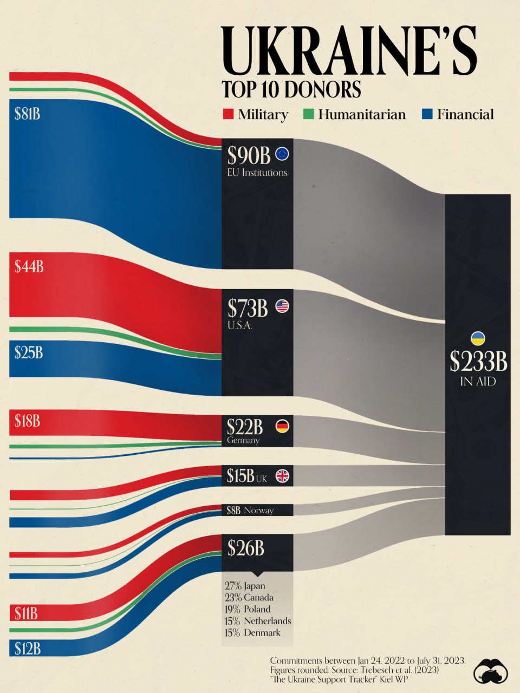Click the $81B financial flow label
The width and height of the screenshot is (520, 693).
[27, 114]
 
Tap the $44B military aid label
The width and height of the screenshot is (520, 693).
[29, 266]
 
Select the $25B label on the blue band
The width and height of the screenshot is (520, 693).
[28, 353]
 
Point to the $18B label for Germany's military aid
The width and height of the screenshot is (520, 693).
[27, 421]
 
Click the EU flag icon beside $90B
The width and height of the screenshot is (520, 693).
[282, 154]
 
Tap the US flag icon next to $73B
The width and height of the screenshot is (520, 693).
[282, 306]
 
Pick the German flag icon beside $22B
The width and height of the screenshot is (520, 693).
[282, 426]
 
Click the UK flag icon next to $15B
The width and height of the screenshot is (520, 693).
[282, 476]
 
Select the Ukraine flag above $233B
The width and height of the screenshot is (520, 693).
[478, 339]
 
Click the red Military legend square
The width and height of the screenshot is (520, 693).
[228, 114]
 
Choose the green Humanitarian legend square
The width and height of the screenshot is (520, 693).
[308, 114]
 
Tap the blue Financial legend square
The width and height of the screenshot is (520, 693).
[427, 114]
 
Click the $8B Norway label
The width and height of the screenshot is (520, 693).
[250, 510]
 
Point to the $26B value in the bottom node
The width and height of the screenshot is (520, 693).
[245, 548]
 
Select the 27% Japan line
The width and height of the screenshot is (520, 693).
[245, 586]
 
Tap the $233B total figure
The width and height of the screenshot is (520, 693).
[478, 362]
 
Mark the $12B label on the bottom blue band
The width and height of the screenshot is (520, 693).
[27, 648]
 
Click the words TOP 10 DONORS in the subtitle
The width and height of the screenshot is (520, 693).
[291, 89]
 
